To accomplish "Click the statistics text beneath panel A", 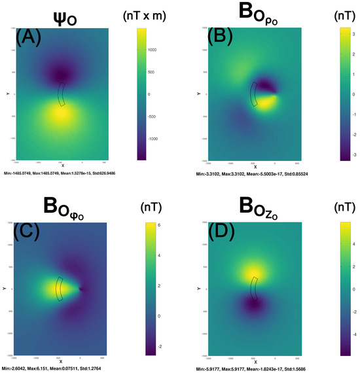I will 60,173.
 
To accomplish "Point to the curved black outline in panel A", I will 62,94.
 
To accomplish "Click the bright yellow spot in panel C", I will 49,288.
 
